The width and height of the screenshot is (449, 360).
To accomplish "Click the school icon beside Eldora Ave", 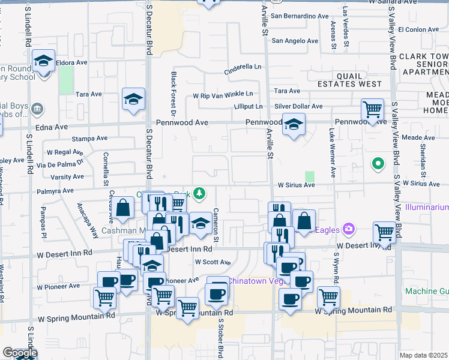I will coord(44,61).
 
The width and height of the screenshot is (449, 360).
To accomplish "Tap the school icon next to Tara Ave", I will coord(134,100).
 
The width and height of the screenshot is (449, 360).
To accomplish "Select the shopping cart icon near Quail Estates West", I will coord(373,110).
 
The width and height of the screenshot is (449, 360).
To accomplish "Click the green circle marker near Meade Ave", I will coord(378,163).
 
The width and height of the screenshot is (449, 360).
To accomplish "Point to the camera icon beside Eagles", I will coord(348,229).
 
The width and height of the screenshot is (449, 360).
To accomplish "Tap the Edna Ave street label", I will coord(53,127).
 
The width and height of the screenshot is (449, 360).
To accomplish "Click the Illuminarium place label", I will coord(426,207).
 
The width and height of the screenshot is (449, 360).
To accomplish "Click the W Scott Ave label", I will coord(213,262).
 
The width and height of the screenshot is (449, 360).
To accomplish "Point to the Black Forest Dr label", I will coord(173,94).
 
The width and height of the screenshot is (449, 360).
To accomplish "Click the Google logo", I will coord(19,353).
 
